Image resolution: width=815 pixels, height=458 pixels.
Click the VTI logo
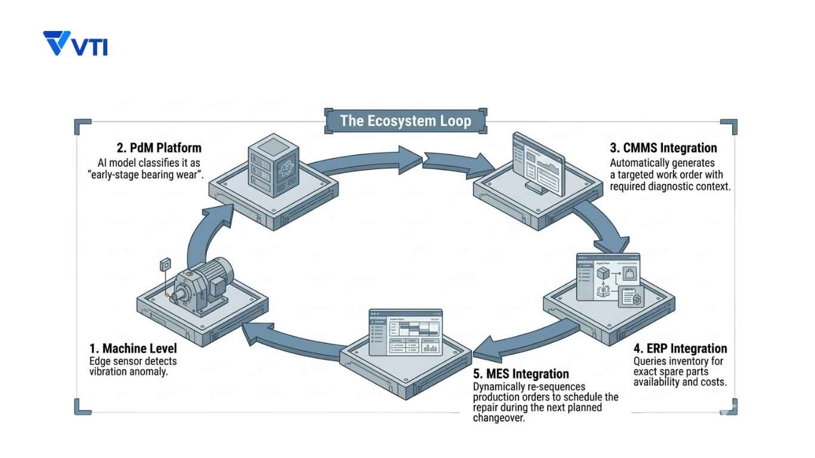[76, 44]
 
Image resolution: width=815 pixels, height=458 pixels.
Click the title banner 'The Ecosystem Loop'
[405, 121]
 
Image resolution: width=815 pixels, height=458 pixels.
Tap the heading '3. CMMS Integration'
[663, 148]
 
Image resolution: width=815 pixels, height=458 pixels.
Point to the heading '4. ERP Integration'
[680, 348]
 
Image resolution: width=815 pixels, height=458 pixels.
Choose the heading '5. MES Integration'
[521, 374]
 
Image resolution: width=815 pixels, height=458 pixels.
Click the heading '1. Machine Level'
[133, 348]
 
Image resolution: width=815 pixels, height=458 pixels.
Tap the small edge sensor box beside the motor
[166, 264]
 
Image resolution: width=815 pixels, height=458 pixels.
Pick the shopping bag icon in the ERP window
[629, 275]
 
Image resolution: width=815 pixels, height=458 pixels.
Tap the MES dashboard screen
[406, 332]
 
